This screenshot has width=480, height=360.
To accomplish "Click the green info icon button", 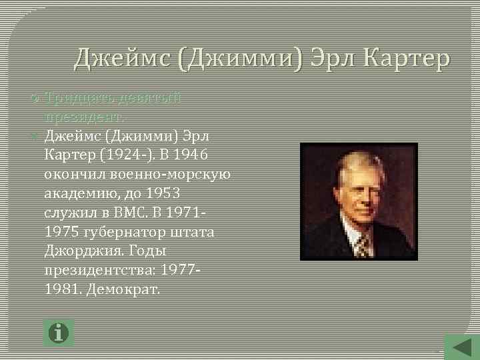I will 59,332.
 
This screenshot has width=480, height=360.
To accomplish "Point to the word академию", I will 77,194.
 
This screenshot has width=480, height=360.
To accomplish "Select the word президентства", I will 94,271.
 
